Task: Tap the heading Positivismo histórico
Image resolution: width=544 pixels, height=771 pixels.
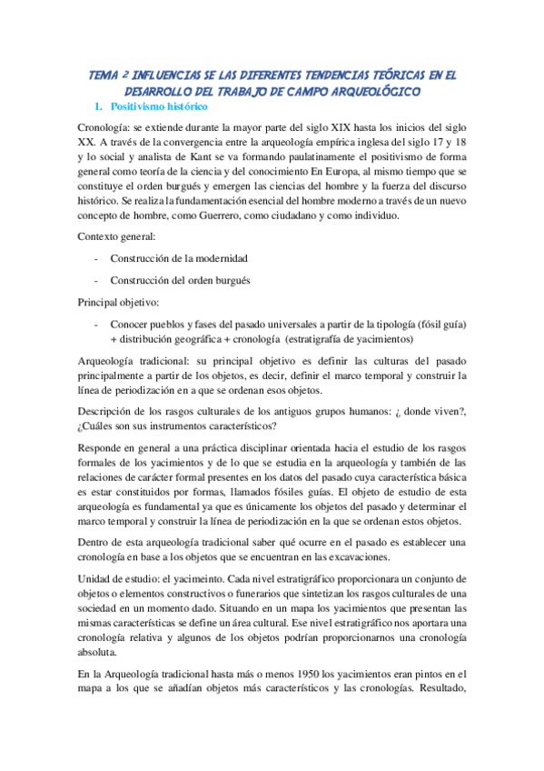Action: [174, 107]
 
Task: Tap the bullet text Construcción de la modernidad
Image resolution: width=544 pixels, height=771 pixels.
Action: [179, 258]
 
